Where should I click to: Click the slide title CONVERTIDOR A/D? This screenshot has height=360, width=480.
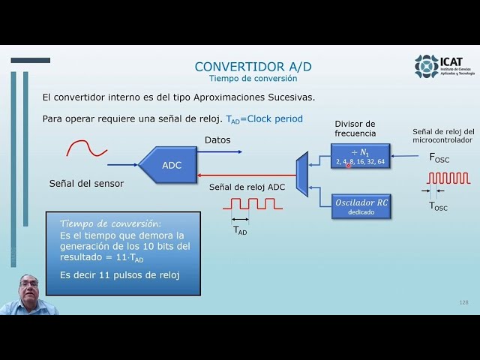click(253, 67)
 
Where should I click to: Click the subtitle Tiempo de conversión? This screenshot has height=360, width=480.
click(253, 79)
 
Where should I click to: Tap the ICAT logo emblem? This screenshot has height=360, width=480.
click(427, 66)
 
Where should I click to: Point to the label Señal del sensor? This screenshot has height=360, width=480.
click(86, 183)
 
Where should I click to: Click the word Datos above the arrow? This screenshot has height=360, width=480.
click(217, 140)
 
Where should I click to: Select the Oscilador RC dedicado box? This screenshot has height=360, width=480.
click(361, 206)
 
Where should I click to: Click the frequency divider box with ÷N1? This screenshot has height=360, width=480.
click(361, 156)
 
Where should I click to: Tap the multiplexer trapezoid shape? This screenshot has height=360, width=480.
click(302, 174)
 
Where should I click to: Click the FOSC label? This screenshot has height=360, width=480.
click(439, 157)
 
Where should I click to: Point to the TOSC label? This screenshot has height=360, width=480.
click(438, 206)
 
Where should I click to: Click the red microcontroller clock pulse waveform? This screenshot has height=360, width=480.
click(448, 178)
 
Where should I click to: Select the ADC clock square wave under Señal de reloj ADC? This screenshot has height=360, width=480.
click(256, 203)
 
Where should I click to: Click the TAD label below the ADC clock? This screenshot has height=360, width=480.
click(240, 230)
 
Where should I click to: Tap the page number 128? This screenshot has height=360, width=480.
click(463, 301)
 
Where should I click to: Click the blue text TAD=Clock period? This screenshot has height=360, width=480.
click(264, 118)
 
